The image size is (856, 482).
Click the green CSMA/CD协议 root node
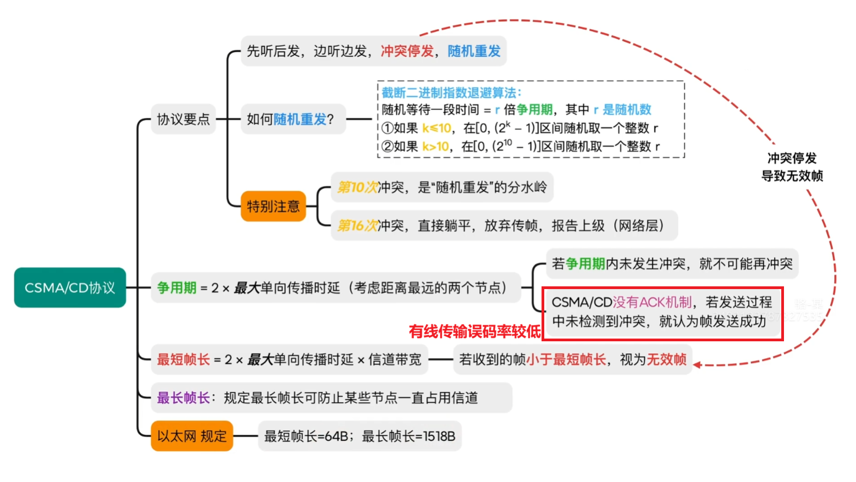pos(70,287)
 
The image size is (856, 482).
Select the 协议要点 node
pos(183,119)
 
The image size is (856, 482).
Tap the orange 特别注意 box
pos(273,206)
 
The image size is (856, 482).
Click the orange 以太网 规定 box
pos(192,436)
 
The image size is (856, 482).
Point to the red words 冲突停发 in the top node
pos(407,51)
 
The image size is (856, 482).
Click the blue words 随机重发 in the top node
pos(474,51)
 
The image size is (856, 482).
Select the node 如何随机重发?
pos(290,119)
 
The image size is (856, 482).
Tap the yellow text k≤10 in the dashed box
pos(437,128)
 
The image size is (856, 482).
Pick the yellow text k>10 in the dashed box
pos(435,146)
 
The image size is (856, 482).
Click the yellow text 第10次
pos(357,187)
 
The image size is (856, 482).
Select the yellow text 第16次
pos(357,225)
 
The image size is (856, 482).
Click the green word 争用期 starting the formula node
pos(176,287)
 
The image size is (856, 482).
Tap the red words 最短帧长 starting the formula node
pos(183,359)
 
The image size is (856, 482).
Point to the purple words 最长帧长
pos(183,397)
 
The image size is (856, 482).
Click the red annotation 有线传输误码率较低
pos(474,331)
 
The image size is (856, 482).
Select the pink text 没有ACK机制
pos(652,302)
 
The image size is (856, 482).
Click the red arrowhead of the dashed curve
pos(697,364)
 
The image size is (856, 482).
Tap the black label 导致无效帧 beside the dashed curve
pos(792,176)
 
